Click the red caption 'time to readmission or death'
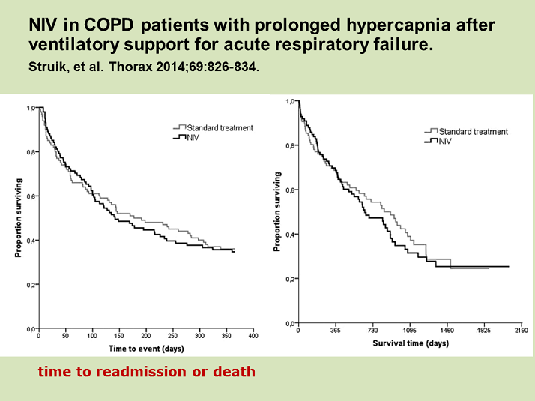(x=146, y=371)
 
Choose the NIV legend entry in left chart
(x=193, y=137)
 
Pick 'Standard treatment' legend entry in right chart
(x=474, y=132)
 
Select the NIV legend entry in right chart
(x=446, y=141)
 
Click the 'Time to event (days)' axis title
(x=145, y=349)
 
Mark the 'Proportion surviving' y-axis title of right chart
(x=277, y=211)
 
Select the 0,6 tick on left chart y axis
(x=31, y=196)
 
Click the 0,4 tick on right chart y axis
(x=290, y=234)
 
